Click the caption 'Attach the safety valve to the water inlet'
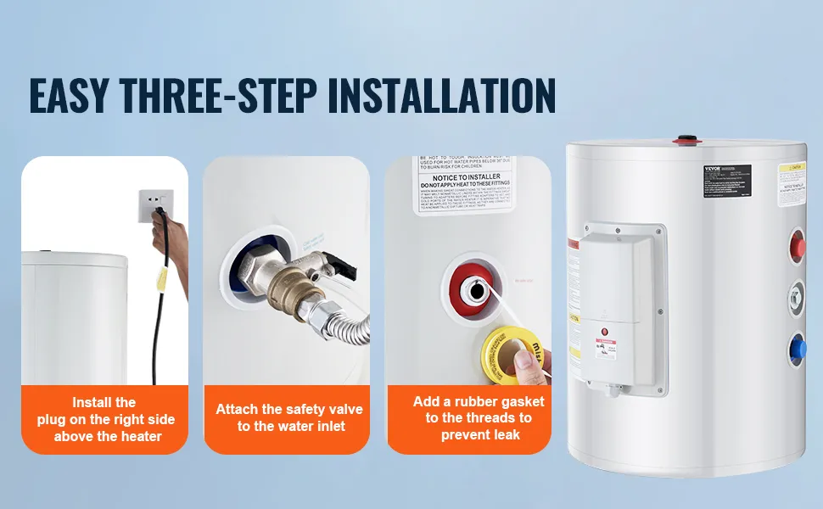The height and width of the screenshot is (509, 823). coord(289,417)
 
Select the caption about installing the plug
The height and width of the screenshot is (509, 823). coord(104,419)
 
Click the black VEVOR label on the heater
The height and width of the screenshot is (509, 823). coord(726,176)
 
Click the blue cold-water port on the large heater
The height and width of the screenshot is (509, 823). coord(798,348)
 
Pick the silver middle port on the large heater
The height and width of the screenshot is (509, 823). coord(796,298)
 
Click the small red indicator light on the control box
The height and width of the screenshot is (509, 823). coord(604,330)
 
